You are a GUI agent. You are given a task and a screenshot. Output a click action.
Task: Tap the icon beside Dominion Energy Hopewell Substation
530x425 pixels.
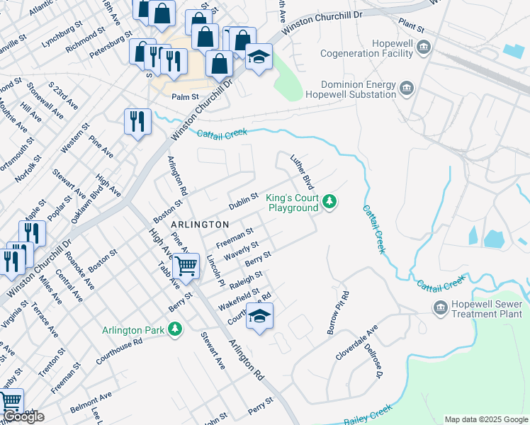pos(407,88)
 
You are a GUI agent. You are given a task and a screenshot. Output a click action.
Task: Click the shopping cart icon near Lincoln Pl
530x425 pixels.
pos(186,267)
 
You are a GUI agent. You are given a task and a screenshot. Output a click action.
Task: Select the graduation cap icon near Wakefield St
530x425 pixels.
pos(259,317)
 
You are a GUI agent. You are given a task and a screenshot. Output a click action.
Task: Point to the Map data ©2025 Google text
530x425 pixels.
pos(486,419)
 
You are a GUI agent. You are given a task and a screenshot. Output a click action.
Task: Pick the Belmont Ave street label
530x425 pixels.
pos(91,404)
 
